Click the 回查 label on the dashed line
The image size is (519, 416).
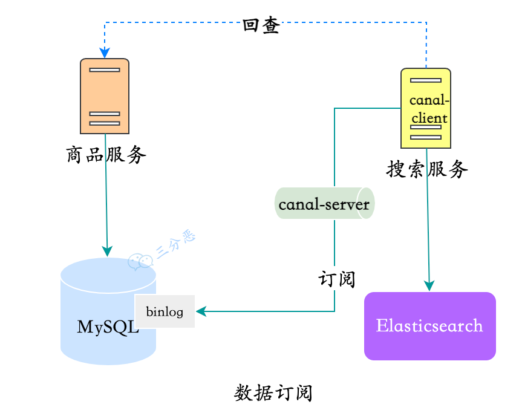(261, 25)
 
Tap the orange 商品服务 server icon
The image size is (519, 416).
(105, 96)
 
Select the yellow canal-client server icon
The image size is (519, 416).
(426, 108)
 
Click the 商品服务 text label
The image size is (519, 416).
(106, 155)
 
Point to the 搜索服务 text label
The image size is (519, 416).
(427, 170)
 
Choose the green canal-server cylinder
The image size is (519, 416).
(324, 204)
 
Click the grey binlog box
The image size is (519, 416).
(165, 312)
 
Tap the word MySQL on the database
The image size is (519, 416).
(108, 328)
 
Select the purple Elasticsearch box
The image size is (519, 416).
(429, 327)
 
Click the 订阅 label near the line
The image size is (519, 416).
(336, 279)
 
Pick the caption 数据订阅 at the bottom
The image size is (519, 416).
(273, 393)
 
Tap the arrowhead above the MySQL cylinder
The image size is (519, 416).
(108, 252)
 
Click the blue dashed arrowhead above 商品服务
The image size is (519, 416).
(105, 53)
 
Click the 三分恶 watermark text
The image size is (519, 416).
(175, 244)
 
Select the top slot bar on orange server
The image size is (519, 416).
(105, 70)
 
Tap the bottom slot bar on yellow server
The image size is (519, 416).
(426, 137)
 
